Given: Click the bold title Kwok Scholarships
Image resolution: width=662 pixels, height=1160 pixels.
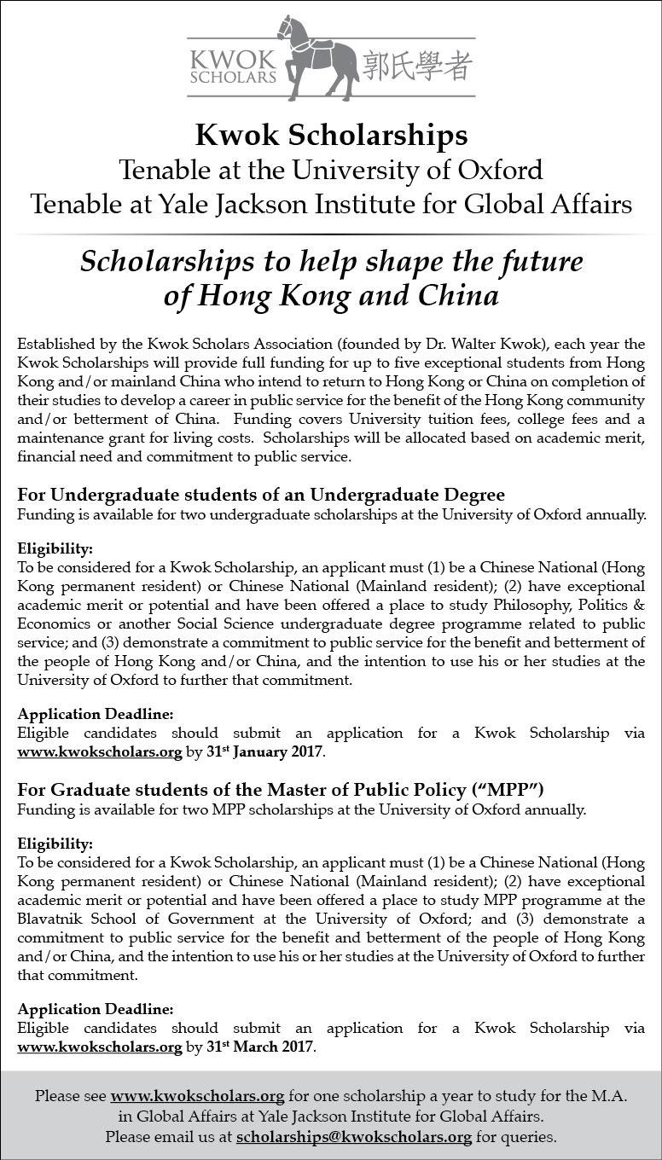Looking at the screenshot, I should (331, 136).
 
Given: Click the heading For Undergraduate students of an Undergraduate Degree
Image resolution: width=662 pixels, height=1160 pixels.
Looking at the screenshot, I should (261, 495).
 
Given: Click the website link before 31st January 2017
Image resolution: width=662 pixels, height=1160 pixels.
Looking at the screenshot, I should (100, 753).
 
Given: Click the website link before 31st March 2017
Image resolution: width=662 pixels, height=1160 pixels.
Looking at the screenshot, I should (100, 1047).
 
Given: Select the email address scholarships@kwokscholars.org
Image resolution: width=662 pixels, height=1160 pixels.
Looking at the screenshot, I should (354, 1137).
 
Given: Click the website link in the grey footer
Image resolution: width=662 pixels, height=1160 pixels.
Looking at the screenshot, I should (197, 1096).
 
